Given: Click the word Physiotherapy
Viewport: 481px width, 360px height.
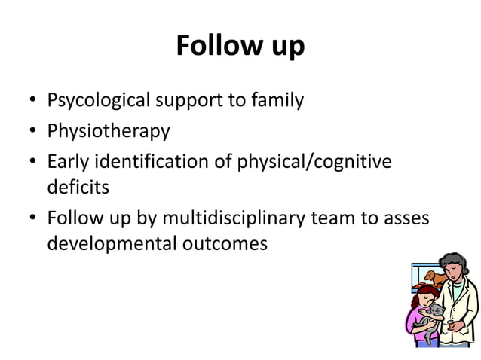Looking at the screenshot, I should tap(109, 131).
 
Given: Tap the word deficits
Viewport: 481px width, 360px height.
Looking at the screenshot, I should tap(78, 187).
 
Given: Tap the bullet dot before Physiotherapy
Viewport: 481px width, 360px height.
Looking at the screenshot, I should tap(34, 132).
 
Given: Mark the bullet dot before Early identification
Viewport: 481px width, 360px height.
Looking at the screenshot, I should tap(34, 162).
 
